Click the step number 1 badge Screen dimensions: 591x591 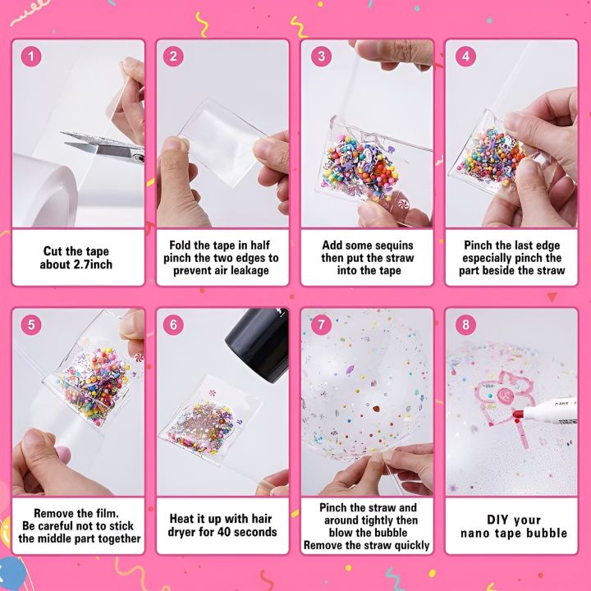(x=31, y=57)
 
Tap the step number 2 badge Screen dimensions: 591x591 (x=175, y=57)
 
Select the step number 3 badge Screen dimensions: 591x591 (x=321, y=57)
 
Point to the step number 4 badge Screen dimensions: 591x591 (x=465, y=57)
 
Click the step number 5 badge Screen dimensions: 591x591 (x=31, y=324)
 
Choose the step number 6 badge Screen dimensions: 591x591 (x=175, y=324)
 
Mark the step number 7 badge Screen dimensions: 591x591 (x=321, y=324)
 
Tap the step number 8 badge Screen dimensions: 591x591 (x=465, y=324)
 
